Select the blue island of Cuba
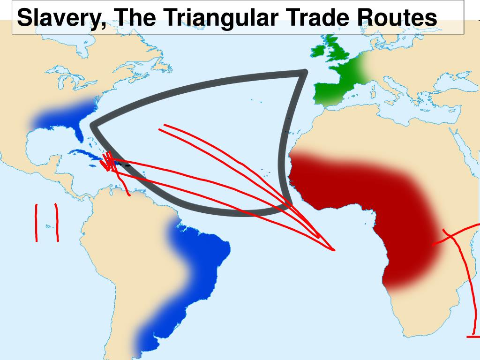[x=84, y=155]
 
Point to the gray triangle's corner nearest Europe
[x=304, y=73]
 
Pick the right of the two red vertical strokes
[x=57, y=223]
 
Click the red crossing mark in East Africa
[x=452, y=237]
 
